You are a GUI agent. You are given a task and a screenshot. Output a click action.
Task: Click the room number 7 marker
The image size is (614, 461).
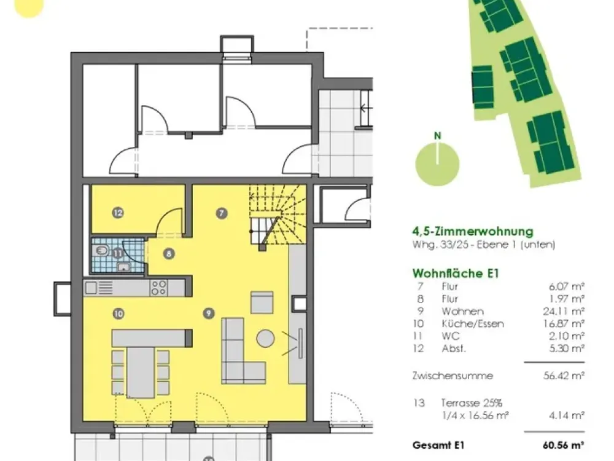[222, 213]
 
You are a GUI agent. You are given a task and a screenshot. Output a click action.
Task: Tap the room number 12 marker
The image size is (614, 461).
[118, 213]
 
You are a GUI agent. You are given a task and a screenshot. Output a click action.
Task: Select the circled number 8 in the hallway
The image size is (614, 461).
[169, 254]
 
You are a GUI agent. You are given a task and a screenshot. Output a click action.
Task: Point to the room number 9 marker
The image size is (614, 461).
[209, 313]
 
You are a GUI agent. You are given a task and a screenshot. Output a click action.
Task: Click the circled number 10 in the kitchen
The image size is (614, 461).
[119, 313]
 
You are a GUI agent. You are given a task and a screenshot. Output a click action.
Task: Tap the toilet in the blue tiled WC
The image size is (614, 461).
[101, 250]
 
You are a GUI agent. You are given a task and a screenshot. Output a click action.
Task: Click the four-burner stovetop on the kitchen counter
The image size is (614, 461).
[159, 288]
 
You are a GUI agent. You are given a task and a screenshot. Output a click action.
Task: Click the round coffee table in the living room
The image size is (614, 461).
[265, 338]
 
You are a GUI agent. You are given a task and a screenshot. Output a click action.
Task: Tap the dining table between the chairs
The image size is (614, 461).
[141, 372]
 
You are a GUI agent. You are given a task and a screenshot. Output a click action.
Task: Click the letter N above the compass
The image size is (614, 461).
[438, 136]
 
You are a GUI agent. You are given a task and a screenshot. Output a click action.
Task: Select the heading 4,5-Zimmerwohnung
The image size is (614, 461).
[473, 231]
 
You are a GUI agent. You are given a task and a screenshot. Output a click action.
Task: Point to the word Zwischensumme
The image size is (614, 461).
[453, 376]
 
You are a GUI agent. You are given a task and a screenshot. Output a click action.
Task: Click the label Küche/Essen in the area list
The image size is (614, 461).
[473, 324]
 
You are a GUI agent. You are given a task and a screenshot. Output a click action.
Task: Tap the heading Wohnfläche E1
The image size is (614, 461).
[456, 274]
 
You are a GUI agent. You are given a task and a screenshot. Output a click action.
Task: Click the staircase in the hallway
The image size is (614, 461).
[278, 217]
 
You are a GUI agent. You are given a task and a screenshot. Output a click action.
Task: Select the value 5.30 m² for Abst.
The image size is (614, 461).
[567, 349]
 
